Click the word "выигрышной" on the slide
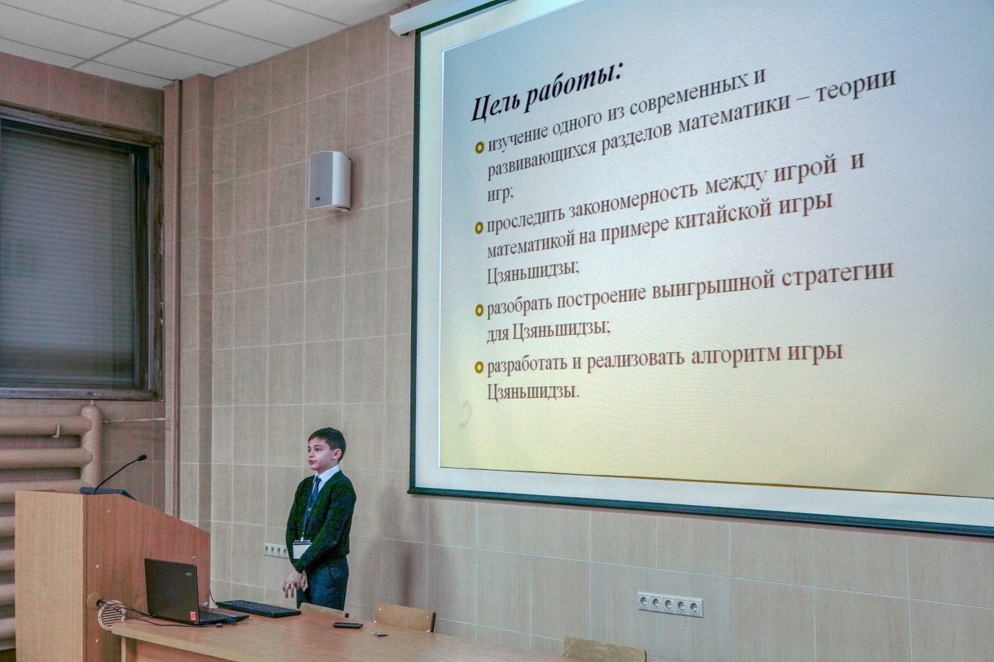[696, 286]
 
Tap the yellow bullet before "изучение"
[479, 147]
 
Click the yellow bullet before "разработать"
[479, 367]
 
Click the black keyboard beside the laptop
[258, 608]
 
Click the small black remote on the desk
[347, 625]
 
